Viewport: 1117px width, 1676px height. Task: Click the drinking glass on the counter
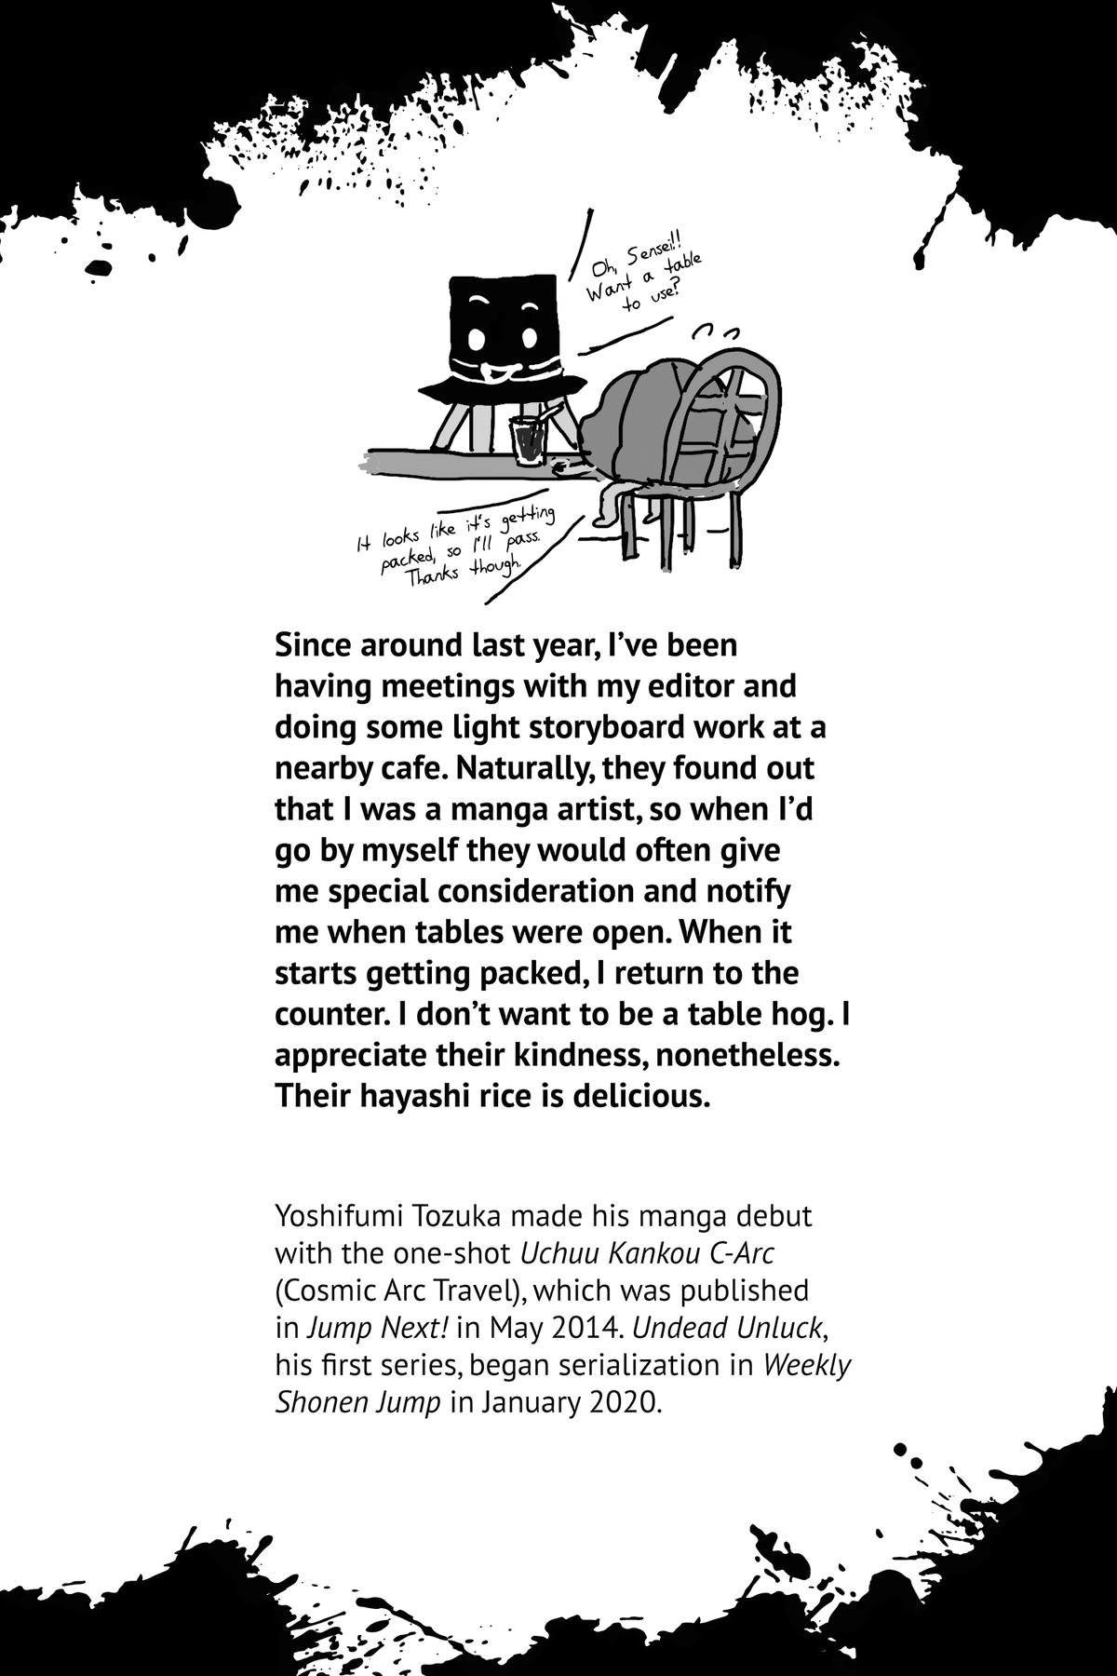tap(527, 439)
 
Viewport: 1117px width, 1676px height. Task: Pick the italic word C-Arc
tap(742, 1253)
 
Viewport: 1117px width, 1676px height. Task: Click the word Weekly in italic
tap(807, 1365)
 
